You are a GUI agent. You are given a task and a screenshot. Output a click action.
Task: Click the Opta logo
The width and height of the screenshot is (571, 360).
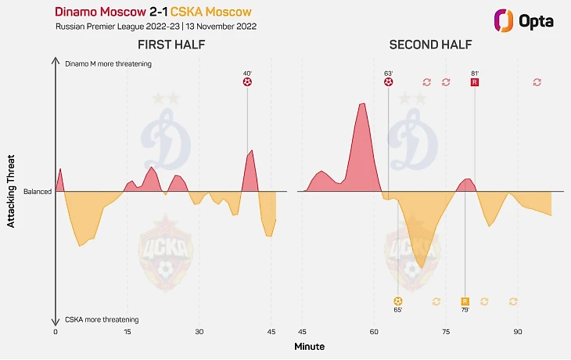pos(524,21)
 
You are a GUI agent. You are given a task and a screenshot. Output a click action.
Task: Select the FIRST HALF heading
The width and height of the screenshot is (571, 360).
pos(171,45)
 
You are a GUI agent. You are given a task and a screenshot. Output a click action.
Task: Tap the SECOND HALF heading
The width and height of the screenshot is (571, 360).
pos(426,45)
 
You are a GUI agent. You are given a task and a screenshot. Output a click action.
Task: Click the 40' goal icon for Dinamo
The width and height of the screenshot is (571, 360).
pos(248,81)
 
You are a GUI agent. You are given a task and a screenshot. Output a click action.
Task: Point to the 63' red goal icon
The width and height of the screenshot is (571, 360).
pos(389,81)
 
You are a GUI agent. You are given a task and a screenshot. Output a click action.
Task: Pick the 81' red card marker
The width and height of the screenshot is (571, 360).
pos(475,81)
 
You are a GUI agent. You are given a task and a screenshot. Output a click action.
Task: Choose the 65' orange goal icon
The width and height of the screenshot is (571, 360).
pos(398,301)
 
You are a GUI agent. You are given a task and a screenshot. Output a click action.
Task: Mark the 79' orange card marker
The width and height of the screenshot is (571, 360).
pos(465,301)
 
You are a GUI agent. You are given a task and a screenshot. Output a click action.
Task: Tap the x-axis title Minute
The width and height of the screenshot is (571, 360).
pos(309,346)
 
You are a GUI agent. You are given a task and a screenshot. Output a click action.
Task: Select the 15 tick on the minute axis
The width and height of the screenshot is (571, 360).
pos(127,332)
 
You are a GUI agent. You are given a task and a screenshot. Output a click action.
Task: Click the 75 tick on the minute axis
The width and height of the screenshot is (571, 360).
pos(445,332)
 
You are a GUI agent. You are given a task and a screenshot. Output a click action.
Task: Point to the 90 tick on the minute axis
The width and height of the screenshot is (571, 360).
pos(517,332)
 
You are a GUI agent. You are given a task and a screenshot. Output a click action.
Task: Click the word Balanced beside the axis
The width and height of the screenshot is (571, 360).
pos(38,191)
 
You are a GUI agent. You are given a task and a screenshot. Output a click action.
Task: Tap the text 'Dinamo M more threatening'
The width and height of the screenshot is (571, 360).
pos(108,64)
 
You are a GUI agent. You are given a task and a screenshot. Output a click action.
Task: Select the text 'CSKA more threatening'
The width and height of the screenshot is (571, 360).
pos(102,319)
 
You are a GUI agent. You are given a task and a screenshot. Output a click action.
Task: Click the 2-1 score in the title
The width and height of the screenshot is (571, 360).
pos(162,13)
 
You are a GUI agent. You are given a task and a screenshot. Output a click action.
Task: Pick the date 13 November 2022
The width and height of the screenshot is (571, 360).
pos(221,26)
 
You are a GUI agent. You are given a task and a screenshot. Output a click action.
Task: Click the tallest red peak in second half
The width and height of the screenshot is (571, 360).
pos(361,104)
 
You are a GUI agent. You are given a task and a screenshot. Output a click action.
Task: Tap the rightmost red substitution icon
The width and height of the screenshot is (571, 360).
pos(537,81)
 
